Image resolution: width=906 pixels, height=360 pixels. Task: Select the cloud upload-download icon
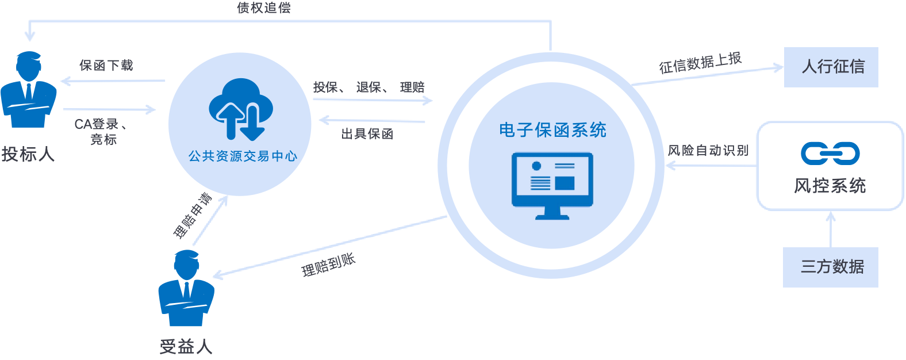click(x=240, y=110)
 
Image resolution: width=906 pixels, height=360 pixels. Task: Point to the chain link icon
click(x=830, y=153)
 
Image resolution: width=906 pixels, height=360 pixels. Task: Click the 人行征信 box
click(x=831, y=67)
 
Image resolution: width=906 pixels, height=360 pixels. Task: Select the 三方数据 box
click(x=831, y=267)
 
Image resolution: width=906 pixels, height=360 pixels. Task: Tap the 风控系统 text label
click(x=830, y=186)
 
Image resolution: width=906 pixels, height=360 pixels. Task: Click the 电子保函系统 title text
click(x=552, y=130)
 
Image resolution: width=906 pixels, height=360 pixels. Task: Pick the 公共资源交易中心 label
click(x=243, y=156)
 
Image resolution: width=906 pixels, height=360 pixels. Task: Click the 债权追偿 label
click(x=264, y=8)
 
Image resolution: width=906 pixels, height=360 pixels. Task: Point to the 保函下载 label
click(x=106, y=66)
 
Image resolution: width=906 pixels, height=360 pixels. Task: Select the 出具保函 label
click(x=367, y=135)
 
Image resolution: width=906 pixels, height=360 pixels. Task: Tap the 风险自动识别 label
click(x=708, y=151)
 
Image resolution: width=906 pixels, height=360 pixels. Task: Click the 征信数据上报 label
click(x=700, y=63)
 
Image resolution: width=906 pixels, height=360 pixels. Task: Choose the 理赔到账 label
click(x=328, y=265)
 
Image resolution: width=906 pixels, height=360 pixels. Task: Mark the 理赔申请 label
click(x=193, y=216)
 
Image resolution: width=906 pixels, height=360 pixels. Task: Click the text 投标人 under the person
click(x=28, y=154)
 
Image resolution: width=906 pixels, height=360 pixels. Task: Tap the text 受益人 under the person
click(x=186, y=346)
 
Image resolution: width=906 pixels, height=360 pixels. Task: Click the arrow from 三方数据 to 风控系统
click(x=830, y=229)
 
